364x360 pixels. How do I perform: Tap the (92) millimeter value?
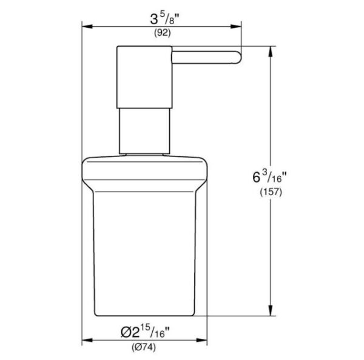click(x=161, y=34)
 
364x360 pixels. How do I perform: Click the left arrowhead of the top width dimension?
click(x=86, y=26)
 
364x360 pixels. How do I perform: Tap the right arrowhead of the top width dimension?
click(x=238, y=26)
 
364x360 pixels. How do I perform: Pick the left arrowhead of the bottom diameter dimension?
click(x=86, y=340)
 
